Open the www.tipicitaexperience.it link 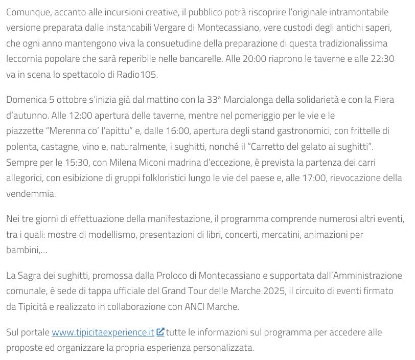coord(103,332)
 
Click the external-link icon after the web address coord(160,332)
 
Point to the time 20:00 coord(255,58)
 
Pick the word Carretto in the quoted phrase coord(271,146)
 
